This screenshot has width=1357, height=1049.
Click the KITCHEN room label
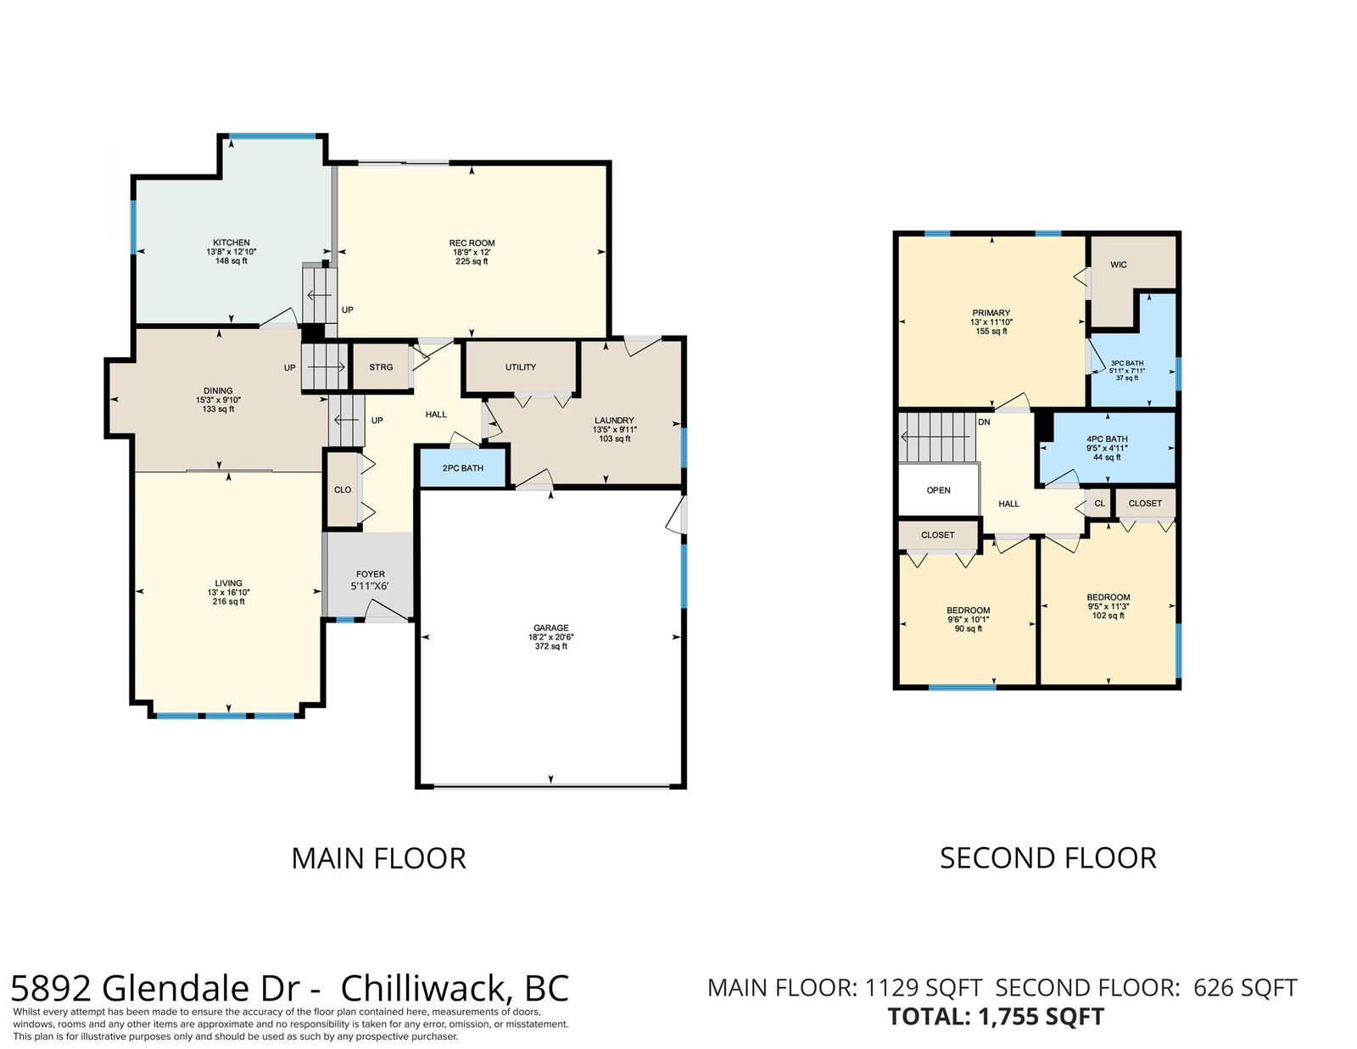(x=231, y=243)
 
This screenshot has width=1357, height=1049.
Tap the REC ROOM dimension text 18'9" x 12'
(x=472, y=252)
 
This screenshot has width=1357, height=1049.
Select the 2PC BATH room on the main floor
(x=463, y=468)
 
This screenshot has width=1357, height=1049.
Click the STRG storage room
(x=381, y=367)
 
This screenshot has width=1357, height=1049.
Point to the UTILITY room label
(x=520, y=367)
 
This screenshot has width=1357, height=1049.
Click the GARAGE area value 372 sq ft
(x=550, y=646)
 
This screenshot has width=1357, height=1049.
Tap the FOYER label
(x=371, y=574)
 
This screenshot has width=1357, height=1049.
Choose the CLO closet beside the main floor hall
(x=342, y=489)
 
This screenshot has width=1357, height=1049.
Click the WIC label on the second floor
(x=1119, y=265)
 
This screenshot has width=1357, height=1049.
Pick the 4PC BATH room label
(x=1107, y=439)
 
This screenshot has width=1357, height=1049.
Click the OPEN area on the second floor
(x=938, y=490)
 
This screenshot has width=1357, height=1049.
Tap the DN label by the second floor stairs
(x=984, y=422)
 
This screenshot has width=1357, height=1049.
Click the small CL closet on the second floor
(x=1100, y=503)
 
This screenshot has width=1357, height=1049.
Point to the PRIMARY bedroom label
(x=991, y=313)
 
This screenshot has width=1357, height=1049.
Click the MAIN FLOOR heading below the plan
(x=378, y=858)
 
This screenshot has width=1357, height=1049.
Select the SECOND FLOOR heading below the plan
(x=1048, y=858)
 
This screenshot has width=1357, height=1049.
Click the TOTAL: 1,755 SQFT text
(x=996, y=1017)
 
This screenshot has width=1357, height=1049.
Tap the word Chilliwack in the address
(x=422, y=989)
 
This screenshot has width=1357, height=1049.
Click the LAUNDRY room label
(x=614, y=421)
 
